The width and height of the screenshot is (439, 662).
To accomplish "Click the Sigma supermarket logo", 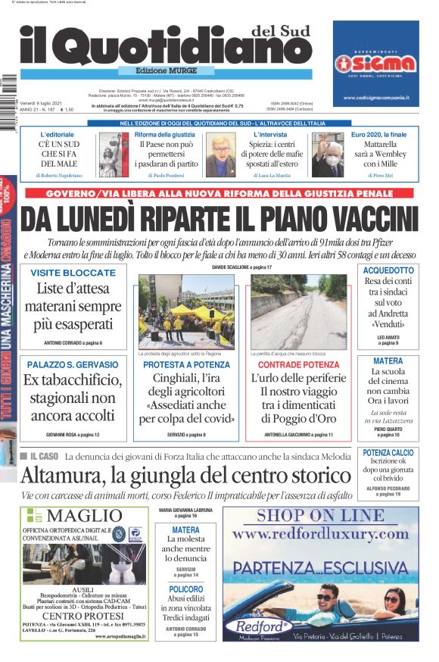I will (x=376, y=62).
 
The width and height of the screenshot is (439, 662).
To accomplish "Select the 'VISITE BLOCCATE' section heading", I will (x=73, y=273).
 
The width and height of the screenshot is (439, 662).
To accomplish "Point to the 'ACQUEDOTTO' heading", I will (x=388, y=270).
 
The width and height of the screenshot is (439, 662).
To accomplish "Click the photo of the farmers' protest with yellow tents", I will (x=185, y=312).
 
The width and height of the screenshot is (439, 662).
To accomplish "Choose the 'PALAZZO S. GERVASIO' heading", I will (x=73, y=365).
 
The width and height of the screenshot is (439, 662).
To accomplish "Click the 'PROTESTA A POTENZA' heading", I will (x=185, y=365).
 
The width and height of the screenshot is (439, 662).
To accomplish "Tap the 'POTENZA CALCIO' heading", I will (x=388, y=453).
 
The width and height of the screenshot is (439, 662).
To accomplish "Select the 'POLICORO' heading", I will (x=185, y=589).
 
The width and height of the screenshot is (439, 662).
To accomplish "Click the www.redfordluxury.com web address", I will (x=320, y=534).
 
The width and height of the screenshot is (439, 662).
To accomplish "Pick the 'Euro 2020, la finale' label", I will (x=384, y=135).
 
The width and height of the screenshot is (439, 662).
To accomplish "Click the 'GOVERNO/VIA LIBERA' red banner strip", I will (x=219, y=194).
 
